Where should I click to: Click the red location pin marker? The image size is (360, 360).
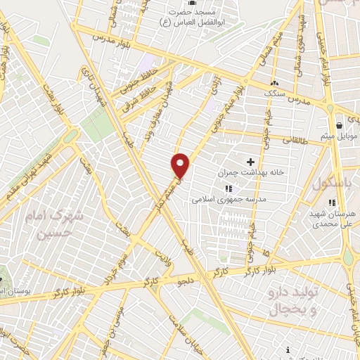[x=181, y=165]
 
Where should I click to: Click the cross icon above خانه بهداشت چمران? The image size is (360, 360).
[x=250, y=162]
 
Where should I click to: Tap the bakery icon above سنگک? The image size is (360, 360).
[x=274, y=83]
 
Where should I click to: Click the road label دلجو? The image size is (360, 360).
[x=185, y=281]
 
